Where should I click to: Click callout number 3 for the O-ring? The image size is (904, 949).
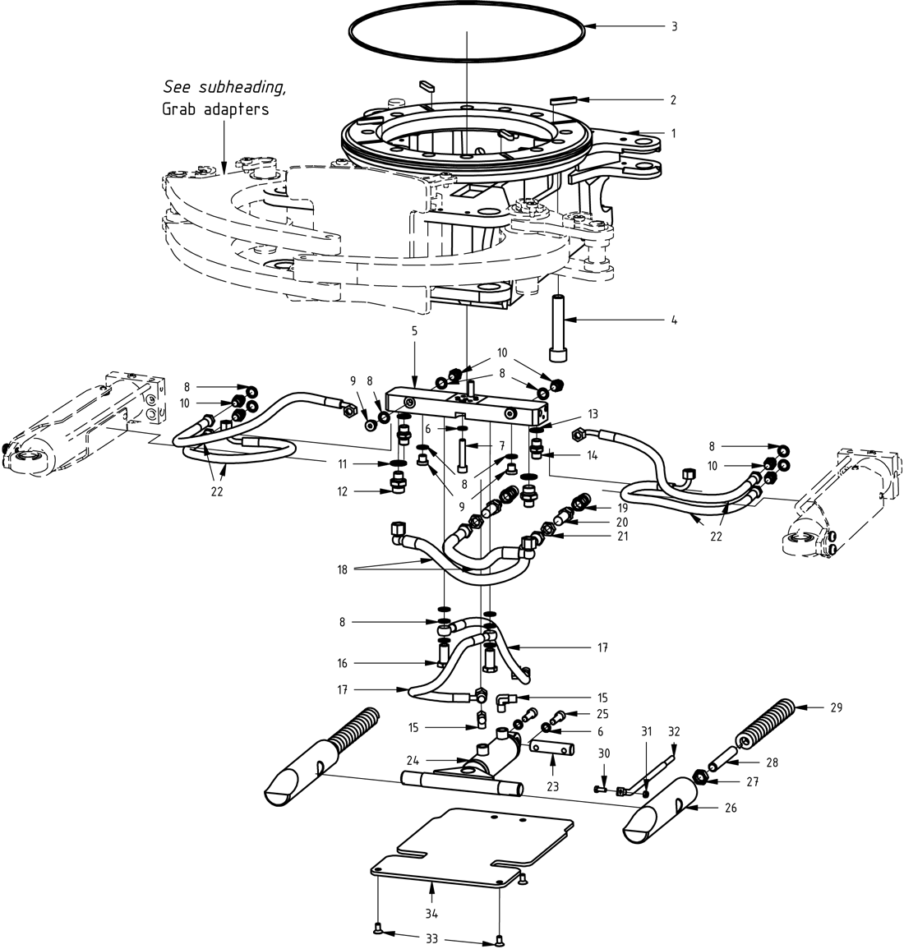(674, 26)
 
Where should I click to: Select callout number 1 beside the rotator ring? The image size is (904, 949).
(674, 132)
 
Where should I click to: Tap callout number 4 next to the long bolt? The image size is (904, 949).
(674, 319)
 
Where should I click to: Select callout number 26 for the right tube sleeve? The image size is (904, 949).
(731, 808)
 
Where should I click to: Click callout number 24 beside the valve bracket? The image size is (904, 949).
(413, 759)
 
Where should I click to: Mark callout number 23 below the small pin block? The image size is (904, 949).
(552, 785)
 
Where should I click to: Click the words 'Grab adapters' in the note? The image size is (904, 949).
(215, 108)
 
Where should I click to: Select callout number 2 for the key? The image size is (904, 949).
(673, 100)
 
